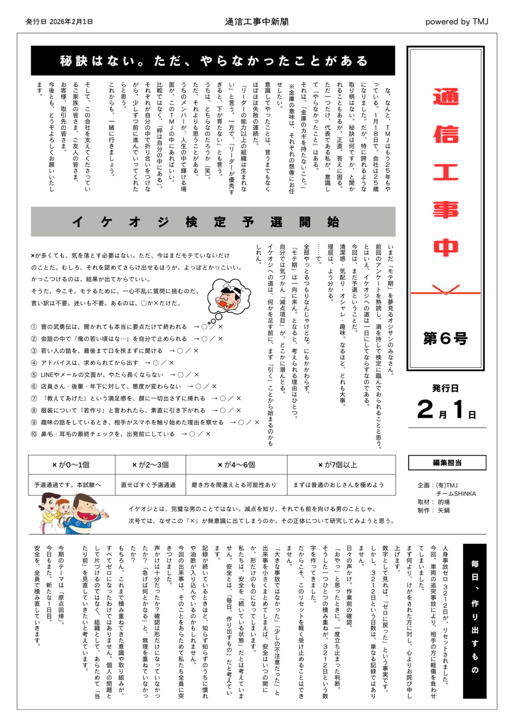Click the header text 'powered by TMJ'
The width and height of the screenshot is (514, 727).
click(456, 22)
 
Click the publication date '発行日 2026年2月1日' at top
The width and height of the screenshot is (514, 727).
click(59, 22)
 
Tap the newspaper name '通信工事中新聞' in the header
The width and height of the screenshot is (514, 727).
click(257, 22)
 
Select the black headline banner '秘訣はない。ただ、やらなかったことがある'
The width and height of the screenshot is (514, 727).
click(213, 61)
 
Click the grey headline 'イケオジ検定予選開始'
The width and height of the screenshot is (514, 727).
click(213, 222)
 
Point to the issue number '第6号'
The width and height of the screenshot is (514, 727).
click(445, 338)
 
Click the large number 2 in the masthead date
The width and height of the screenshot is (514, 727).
click(425, 410)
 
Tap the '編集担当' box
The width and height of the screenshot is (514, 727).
click(447, 463)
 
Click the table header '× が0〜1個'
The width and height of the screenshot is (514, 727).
click(71, 465)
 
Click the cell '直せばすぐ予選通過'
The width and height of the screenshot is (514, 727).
click(148, 485)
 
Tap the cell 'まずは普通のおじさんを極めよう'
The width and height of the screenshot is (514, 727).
click(338, 485)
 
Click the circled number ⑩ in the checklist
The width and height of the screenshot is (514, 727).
click(34, 434)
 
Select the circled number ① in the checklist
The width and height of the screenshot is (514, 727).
click(34, 327)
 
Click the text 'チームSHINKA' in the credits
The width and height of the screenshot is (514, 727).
click(456, 494)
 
